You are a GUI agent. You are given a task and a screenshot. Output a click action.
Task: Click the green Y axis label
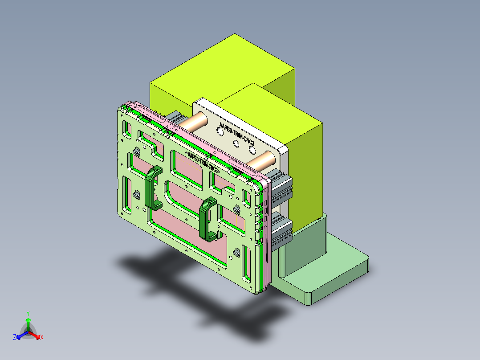(x=28, y=313)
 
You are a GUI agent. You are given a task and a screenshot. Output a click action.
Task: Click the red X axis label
(x=42, y=337)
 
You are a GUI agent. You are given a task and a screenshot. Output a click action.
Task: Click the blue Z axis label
(x=15, y=337)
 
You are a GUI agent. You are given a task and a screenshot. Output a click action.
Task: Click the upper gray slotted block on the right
(x=281, y=189)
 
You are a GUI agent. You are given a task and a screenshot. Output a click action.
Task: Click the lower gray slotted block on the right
(x=281, y=230)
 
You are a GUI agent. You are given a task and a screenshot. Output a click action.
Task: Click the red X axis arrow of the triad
(x=36, y=335)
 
